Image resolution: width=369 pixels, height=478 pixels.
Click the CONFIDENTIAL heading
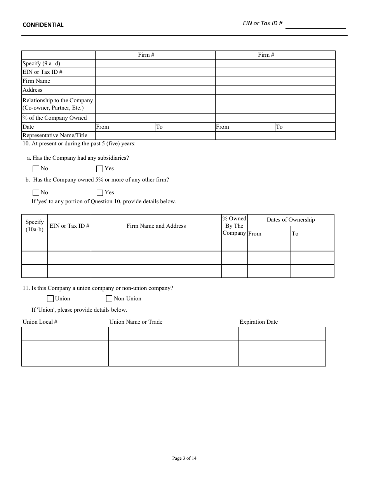click(x=43, y=25)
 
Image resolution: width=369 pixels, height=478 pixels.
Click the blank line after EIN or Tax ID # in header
click(x=315, y=25)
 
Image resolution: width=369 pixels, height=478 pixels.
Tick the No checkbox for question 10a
click(x=36, y=169)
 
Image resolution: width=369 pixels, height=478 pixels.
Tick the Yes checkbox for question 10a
click(x=100, y=169)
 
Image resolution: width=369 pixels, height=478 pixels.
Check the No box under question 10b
click(x=36, y=193)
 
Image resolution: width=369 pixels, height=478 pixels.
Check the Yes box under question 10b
click(x=100, y=193)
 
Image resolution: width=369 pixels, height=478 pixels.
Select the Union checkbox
click(x=50, y=299)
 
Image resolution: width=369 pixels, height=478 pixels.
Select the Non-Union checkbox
click(x=109, y=299)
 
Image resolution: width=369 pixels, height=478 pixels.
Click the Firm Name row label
click(x=36, y=81)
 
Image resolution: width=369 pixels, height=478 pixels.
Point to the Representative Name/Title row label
click(x=55, y=136)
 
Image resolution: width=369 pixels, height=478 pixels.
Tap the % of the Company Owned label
click(x=54, y=118)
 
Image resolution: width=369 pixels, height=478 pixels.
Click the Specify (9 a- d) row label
click(x=41, y=64)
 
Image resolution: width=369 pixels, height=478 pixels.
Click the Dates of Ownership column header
click(x=291, y=220)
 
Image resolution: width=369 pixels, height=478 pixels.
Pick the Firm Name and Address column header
click(x=156, y=226)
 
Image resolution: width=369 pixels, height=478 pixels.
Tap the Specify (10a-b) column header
click(x=35, y=226)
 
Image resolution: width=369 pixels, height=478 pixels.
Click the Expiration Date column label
click(x=258, y=322)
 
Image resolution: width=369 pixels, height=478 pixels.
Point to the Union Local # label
click(x=40, y=322)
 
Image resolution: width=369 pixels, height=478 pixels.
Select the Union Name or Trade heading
click(x=136, y=322)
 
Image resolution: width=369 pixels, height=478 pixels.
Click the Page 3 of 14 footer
click(x=184, y=459)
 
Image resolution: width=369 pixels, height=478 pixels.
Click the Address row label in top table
click(x=32, y=90)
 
